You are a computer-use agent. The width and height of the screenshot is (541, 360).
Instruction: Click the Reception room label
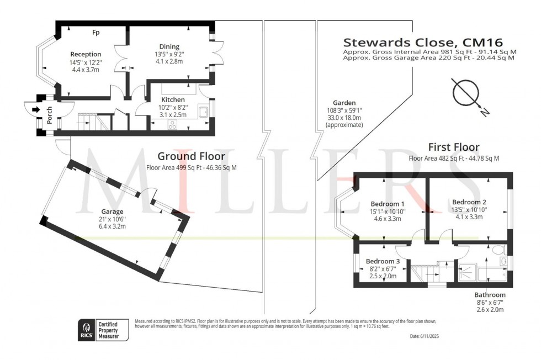(86, 54)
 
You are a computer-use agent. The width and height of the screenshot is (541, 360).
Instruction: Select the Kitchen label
(158, 100)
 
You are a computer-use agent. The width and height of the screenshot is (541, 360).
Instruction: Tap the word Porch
(50, 114)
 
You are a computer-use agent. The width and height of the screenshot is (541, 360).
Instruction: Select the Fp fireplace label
(96, 33)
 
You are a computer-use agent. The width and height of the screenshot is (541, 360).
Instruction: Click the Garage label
(112, 211)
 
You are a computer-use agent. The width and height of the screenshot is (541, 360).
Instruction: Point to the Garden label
(344, 103)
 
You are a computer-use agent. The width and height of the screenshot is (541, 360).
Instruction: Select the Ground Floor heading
(184, 156)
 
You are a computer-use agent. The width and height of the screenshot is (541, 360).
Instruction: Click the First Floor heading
(454, 147)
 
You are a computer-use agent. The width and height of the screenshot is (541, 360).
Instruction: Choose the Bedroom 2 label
(468, 202)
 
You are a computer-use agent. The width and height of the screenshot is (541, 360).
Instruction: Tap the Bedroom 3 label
(383, 261)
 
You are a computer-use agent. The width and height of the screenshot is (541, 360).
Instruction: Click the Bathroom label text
(490, 295)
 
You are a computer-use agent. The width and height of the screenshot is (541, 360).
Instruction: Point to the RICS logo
(86, 330)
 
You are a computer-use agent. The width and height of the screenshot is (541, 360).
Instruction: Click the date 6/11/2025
(425, 336)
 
